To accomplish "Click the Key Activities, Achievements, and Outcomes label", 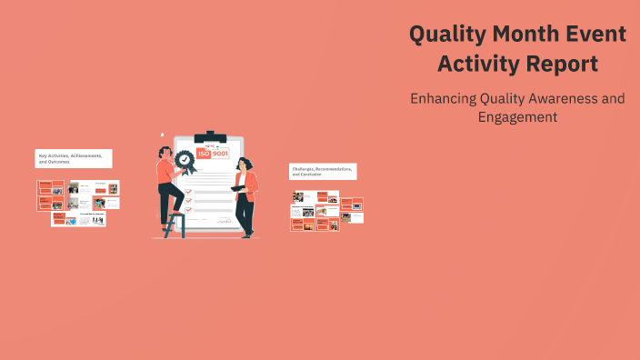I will [74, 158].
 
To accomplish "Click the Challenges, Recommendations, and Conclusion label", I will [323, 171].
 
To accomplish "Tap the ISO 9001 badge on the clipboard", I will [213, 155].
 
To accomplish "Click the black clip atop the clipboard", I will [210, 137].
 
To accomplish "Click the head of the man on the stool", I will [165, 153].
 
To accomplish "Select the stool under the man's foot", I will [175, 224].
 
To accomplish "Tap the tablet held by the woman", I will [238, 188].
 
